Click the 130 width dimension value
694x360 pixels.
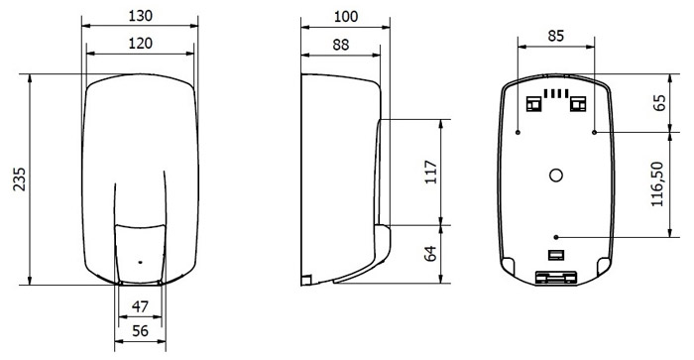tap(141, 16)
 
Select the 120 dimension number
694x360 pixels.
tap(141, 44)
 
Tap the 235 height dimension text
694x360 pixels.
tap(20, 179)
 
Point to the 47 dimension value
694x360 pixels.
tap(140, 306)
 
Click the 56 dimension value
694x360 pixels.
tap(141, 331)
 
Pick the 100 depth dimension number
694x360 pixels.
tap(346, 17)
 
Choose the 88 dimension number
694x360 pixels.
tap(340, 45)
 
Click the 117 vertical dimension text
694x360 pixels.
tap(431, 172)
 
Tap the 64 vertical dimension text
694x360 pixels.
tap(430, 254)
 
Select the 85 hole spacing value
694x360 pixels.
tap(556, 36)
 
